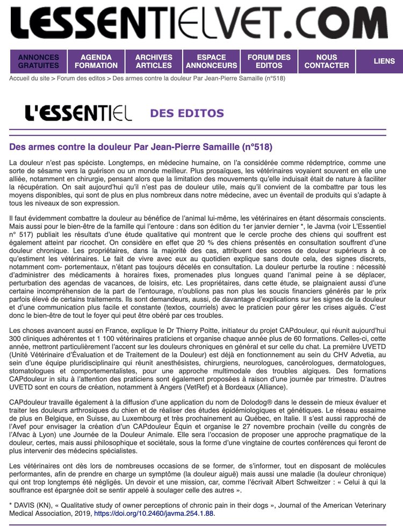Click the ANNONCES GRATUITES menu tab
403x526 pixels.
pyautogui.click(x=39, y=61)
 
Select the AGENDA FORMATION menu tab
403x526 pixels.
pyautogui.click(x=96, y=61)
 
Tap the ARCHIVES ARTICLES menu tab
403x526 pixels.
pyautogui.click(x=154, y=61)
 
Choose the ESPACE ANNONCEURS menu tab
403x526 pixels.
pyautogui.click(x=211, y=61)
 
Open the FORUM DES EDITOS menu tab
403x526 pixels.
pyautogui.click(x=269, y=61)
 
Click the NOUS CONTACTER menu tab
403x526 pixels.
pyautogui.click(x=327, y=61)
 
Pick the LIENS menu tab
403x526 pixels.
pyautogui.click(x=384, y=61)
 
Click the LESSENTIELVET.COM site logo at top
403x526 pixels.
pyautogui.click(x=201, y=24)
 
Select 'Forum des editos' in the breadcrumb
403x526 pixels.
pyautogui.click(x=81, y=78)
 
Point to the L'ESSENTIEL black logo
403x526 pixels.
pyautogui.click(x=78, y=113)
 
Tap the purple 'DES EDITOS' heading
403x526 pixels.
pyautogui.click(x=187, y=113)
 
